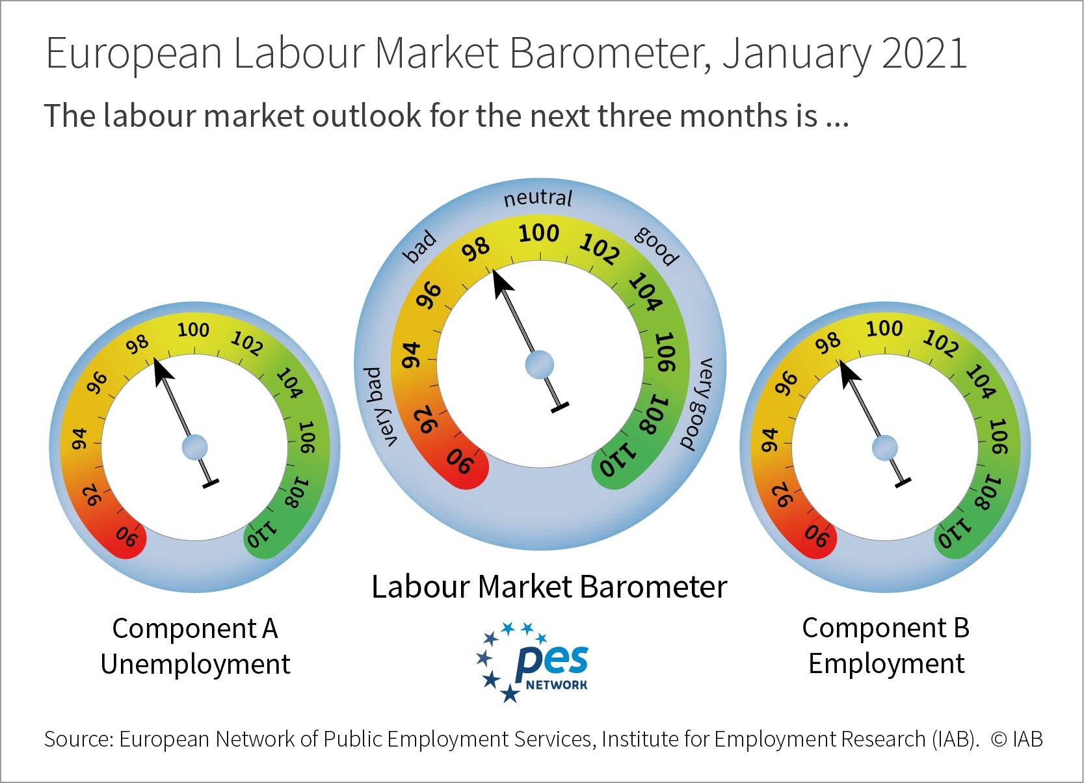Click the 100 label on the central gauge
click(538, 233)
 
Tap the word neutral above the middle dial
click(538, 198)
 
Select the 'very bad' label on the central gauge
click(381, 406)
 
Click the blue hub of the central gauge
click(539, 364)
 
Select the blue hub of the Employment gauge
click(884, 447)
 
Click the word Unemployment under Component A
click(196, 664)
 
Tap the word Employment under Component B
click(886, 664)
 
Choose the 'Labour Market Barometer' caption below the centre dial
click(549, 587)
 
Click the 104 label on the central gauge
click(646, 291)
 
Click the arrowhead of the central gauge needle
click(502, 284)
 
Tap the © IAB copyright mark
click(1017, 739)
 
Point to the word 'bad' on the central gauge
click(420, 247)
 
